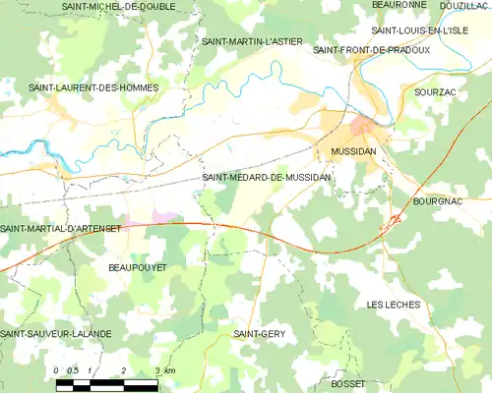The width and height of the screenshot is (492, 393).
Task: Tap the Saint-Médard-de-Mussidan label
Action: point(266,177)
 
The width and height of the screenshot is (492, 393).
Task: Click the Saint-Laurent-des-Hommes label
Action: point(93,88)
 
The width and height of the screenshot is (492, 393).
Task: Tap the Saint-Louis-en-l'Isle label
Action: point(413,30)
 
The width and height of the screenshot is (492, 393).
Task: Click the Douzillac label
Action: point(465,6)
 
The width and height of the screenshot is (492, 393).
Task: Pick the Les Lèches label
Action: point(394,305)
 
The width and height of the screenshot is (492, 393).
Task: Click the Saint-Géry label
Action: point(259,334)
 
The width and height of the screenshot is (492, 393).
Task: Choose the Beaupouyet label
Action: point(137,266)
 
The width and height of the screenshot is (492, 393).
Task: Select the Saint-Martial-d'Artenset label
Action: point(61,229)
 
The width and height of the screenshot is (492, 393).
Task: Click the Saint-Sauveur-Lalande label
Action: point(56,334)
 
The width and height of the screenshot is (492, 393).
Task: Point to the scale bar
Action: point(104,384)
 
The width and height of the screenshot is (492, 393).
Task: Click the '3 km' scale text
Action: point(165,370)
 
